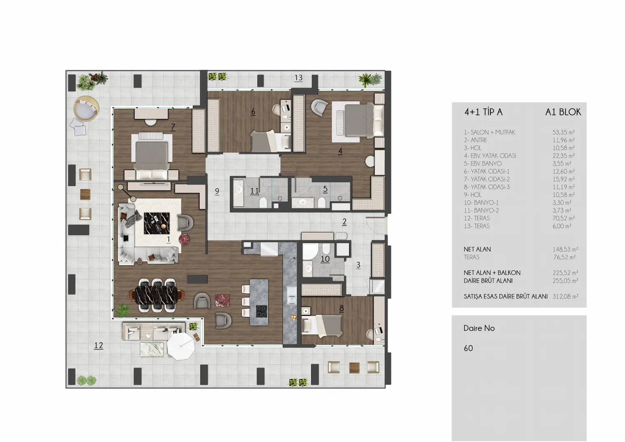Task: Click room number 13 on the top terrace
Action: (x=298, y=77)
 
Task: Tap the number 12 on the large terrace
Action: (x=98, y=345)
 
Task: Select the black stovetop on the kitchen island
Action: (x=261, y=312)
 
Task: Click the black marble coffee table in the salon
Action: (x=157, y=224)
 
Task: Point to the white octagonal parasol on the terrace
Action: (x=181, y=346)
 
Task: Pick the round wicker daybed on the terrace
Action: (x=86, y=109)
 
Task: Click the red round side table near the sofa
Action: (x=184, y=240)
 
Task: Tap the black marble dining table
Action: (x=156, y=295)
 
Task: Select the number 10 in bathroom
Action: (x=325, y=259)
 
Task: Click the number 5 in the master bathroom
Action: (x=325, y=189)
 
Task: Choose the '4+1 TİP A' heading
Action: (x=483, y=112)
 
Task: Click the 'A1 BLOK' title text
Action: (x=563, y=112)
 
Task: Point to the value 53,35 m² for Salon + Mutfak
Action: (x=563, y=132)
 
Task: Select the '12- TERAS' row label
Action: (x=477, y=218)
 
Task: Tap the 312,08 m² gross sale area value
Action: (x=565, y=296)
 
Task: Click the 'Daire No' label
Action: (x=479, y=328)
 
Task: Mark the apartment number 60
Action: (x=468, y=348)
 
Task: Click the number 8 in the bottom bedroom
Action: (x=342, y=308)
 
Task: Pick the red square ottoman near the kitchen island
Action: (x=222, y=300)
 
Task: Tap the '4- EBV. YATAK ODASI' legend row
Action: (x=490, y=156)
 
